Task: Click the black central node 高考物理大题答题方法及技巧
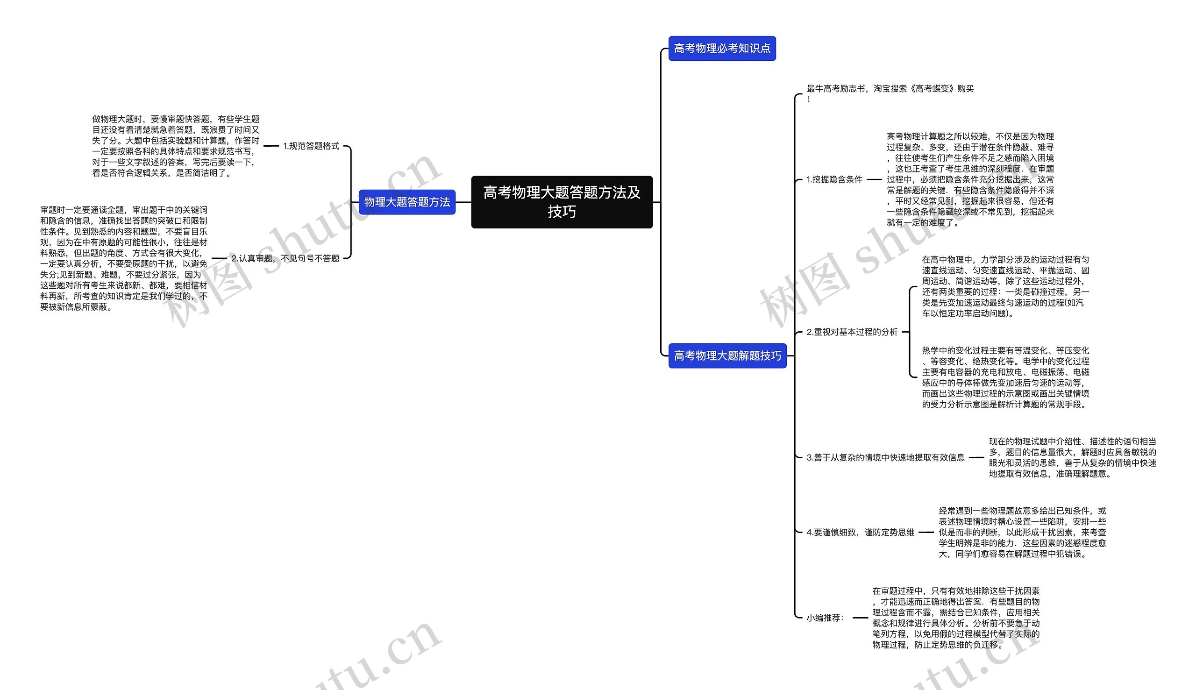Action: (562, 202)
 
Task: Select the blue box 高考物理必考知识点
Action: (722, 48)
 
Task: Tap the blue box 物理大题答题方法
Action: (406, 202)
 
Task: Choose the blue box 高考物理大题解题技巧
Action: (727, 356)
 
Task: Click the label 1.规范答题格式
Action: (311, 146)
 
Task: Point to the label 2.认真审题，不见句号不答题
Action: (285, 258)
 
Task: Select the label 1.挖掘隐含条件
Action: (834, 179)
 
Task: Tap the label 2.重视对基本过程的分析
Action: (852, 332)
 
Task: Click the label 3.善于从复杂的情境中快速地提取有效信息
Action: (885, 457)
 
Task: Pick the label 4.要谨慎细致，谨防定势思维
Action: (860, 532)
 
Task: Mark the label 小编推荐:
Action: (825, 618)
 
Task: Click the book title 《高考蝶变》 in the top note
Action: (933, 89)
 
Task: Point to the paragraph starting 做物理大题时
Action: (175, 146)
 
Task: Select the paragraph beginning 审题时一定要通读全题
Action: (124, 258)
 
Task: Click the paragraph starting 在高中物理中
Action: (1005, 286)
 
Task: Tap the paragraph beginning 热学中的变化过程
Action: (1005, 377)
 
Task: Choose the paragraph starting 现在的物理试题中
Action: (1072, 457)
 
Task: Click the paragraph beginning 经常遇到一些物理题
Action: (1022, 532)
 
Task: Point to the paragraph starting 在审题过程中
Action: (956, 618)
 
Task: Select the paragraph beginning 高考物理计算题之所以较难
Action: (970, 179)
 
